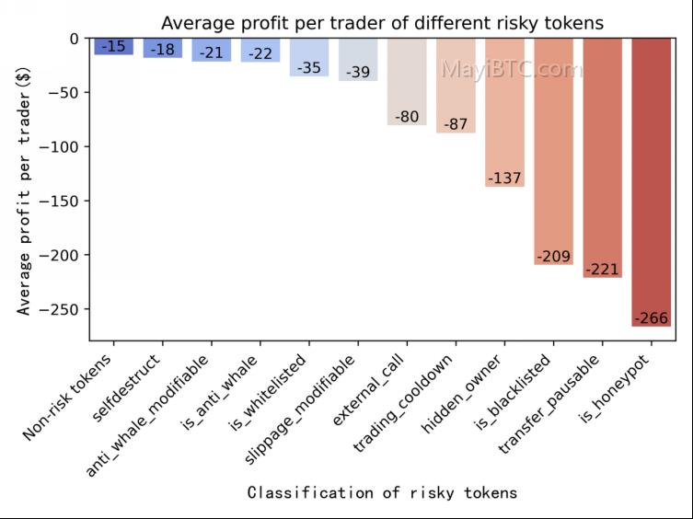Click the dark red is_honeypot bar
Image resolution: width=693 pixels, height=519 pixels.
coord(651,182)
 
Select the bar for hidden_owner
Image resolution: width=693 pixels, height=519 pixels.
coord(504,112)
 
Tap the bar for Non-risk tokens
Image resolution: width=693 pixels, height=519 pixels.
coord(114,46)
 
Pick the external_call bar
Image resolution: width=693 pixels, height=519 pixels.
coord(407,82)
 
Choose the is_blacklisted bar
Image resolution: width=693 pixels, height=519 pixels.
coord(553,152)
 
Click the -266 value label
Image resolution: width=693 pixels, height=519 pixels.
coord(652,317)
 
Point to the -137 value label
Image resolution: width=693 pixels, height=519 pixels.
coord(504,179)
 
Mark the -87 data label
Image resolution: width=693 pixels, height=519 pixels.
coord(456,124)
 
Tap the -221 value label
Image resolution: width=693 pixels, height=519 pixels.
coord(603,270)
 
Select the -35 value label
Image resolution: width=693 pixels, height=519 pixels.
coord(309,68)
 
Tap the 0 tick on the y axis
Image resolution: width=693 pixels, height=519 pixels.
coord(75,39)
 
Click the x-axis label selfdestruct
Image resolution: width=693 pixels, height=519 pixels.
coord(126,388)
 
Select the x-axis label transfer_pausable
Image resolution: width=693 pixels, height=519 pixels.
coord(549,403)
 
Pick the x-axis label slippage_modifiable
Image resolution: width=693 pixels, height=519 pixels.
coord(299,409)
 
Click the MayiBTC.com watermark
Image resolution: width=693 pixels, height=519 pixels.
coord(513,69)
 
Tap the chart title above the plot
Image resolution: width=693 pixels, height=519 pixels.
coord(382,23)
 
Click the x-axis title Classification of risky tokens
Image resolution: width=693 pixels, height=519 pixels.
coord(382,492)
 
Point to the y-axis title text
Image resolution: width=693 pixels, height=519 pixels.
coord(24,191)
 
